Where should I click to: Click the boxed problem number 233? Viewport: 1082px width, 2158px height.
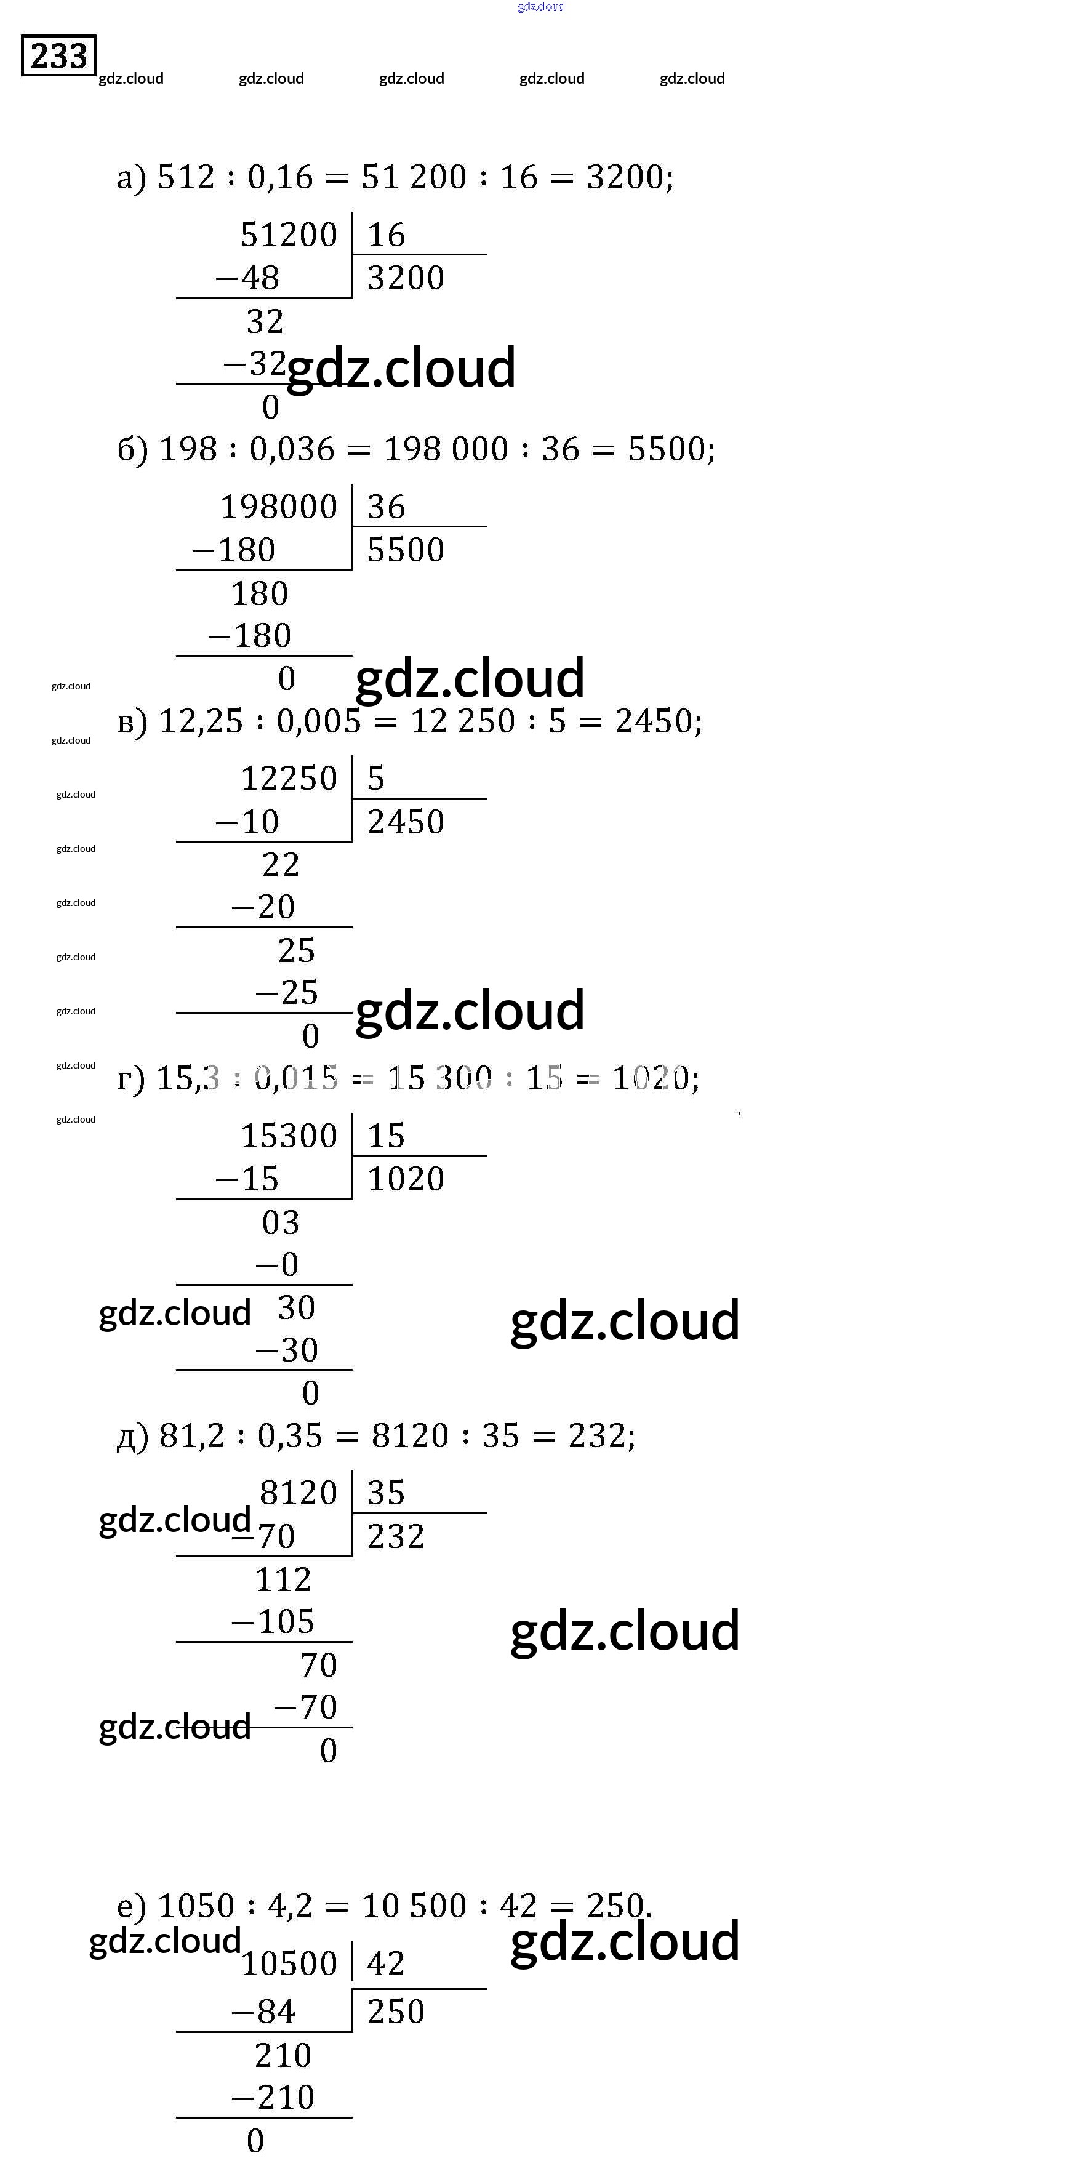(58, 55)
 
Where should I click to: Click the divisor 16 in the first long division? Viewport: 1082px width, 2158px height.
(386, 235)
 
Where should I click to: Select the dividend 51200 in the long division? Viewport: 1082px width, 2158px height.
(289, 235)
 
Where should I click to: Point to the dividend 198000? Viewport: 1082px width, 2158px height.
(279, 507)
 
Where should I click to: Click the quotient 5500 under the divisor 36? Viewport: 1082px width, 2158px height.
(406, 550)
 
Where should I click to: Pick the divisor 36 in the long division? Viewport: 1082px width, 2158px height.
(386, 507)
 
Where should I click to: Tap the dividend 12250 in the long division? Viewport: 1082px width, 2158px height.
(289, 778)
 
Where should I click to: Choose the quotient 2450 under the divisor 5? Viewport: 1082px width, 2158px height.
(406, 822)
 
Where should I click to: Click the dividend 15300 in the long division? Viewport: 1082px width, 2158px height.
(289, 1136)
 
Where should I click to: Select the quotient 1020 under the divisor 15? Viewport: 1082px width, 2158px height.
(406, 1179)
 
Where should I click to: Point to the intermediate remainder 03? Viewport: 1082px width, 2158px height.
(281, 1222)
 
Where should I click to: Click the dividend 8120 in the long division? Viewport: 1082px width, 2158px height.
(298, 1493)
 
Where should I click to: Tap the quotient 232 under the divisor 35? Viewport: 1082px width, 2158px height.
(396, 1536)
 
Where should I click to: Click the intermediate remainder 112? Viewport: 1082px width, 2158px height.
(283, 1579)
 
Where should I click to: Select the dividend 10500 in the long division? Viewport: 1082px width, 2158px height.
(289, 1963)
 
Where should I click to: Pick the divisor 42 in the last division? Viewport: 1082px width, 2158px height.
(386, 1963)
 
